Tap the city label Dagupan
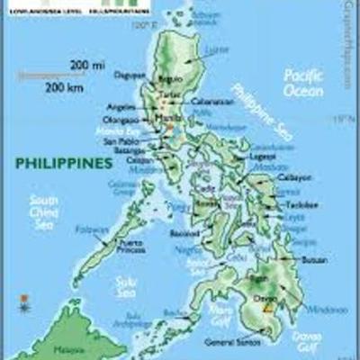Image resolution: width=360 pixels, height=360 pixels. [x=131, y=75]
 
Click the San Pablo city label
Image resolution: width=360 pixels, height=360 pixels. [x=121, y=141]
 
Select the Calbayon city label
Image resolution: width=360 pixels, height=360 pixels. [x=296, y=178]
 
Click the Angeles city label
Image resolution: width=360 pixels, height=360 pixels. [x=121, y=105]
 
